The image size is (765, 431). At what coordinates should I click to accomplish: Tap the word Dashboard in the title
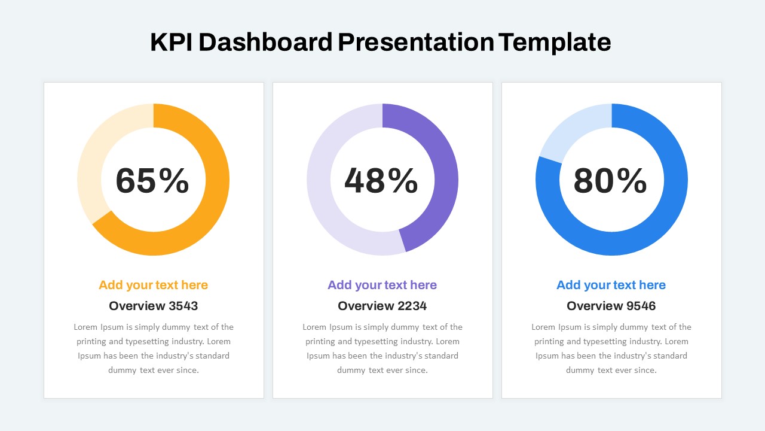coord(266,42)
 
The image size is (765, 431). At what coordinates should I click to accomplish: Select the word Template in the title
coord(555,43)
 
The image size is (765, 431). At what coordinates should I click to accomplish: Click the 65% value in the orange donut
coord(152,181)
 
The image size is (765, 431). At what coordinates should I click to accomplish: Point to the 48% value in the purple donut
coord(381,181)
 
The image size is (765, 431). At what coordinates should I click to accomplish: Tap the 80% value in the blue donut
coord(610,181)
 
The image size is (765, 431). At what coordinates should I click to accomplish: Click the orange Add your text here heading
coord(154,285)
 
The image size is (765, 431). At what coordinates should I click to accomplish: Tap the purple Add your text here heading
coord(382,285)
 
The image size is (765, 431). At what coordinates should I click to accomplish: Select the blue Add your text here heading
coord(611,285)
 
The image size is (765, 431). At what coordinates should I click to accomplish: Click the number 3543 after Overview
coord(183,306)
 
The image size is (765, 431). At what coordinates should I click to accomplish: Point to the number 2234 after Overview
coord(412,306)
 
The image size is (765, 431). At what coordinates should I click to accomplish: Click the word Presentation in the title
coord(416,42)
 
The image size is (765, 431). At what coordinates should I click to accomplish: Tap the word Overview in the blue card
coord(595,306)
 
